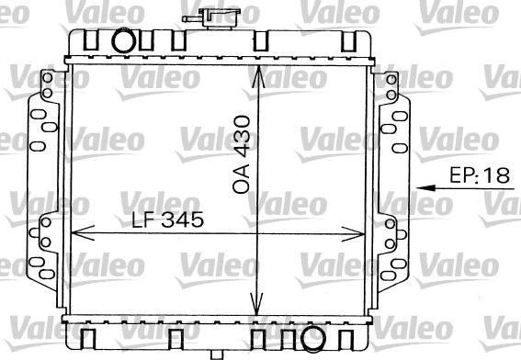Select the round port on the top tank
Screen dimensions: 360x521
click(x=123, y=43)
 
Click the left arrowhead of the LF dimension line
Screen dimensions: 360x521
click(x=76, y=232)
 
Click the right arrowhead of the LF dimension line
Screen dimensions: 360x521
click(x=367, y=232)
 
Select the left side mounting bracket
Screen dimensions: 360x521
click(x=43, y=184)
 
